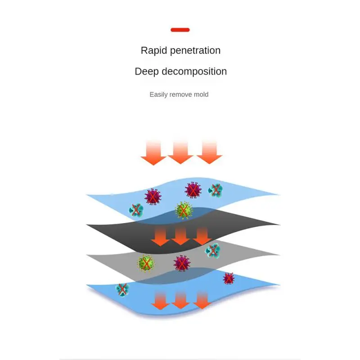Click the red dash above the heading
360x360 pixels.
click(x=180, y=30)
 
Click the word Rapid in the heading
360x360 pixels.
click(x=154, y=50)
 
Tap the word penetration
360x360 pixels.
click(x=195, y=51)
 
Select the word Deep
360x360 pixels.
click(x=147, y=72)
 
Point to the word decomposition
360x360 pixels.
click(x=194, y=72)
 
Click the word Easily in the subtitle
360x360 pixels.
click(x=158, y=94)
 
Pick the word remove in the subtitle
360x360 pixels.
click(x=181, y=94)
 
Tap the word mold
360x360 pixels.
click(x=201, y=94)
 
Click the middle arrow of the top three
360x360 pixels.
click(x=180, y=152)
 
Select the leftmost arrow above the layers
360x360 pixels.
click(x=153, y=153)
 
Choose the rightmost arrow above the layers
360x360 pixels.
click(x=209, y=152)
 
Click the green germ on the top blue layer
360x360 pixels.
click(x=184, y=210)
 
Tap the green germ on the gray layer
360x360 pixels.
click(x=146, y=263)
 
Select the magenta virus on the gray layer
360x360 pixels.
click(x=182, y=263)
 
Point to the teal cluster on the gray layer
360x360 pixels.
click(x=212, y=251)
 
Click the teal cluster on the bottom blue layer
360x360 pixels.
click(x=122, y=289)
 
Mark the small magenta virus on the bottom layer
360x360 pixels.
click(x=229, y=279)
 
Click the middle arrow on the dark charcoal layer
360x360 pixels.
click(x=180, y=236)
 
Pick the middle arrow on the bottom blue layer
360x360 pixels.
click(x=180, y=300)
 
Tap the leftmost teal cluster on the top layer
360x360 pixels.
click(x=136, y=210)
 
